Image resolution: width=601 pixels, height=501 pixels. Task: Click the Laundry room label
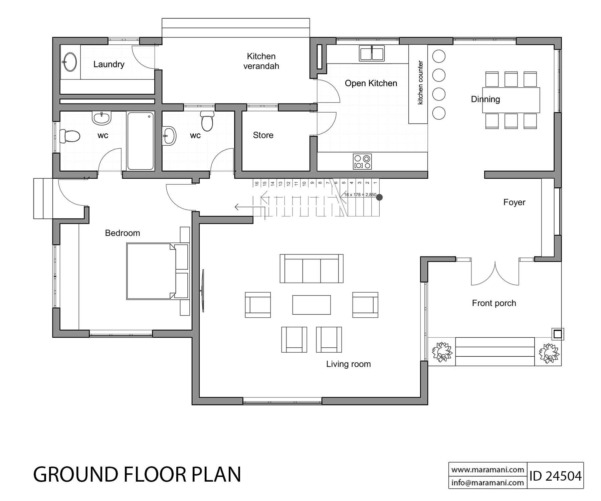(109, 64)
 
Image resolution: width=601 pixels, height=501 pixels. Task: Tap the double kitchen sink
(372, 53)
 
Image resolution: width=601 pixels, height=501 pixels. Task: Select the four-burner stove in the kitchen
(362, 162)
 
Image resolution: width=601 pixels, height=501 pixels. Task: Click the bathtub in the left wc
(141, 141)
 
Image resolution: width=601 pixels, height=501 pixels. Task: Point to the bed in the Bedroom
(150, 271)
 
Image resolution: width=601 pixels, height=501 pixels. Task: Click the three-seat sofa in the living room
(312, 269)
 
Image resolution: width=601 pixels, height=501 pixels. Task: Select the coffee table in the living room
(312, 305)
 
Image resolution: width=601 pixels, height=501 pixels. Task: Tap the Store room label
(263, 135)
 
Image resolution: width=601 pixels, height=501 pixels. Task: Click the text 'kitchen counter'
(420, 82)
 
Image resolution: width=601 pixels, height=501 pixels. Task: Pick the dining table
(511, 100)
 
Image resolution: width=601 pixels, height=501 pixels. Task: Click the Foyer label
(514, 202)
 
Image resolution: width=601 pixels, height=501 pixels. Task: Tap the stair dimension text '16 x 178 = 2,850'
(360, 195)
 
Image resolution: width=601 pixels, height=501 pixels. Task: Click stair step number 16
(257, 183)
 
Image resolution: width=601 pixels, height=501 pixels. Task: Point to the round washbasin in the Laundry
(70, 62)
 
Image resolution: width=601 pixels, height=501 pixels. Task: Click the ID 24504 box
(555, 476)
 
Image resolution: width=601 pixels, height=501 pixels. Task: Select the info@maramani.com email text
(487, 482)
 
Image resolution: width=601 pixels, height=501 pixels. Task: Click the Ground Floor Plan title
(137, 474)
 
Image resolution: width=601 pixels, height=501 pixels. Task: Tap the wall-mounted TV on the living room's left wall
(203, 291)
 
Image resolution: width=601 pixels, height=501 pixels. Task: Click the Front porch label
(494, 303)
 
